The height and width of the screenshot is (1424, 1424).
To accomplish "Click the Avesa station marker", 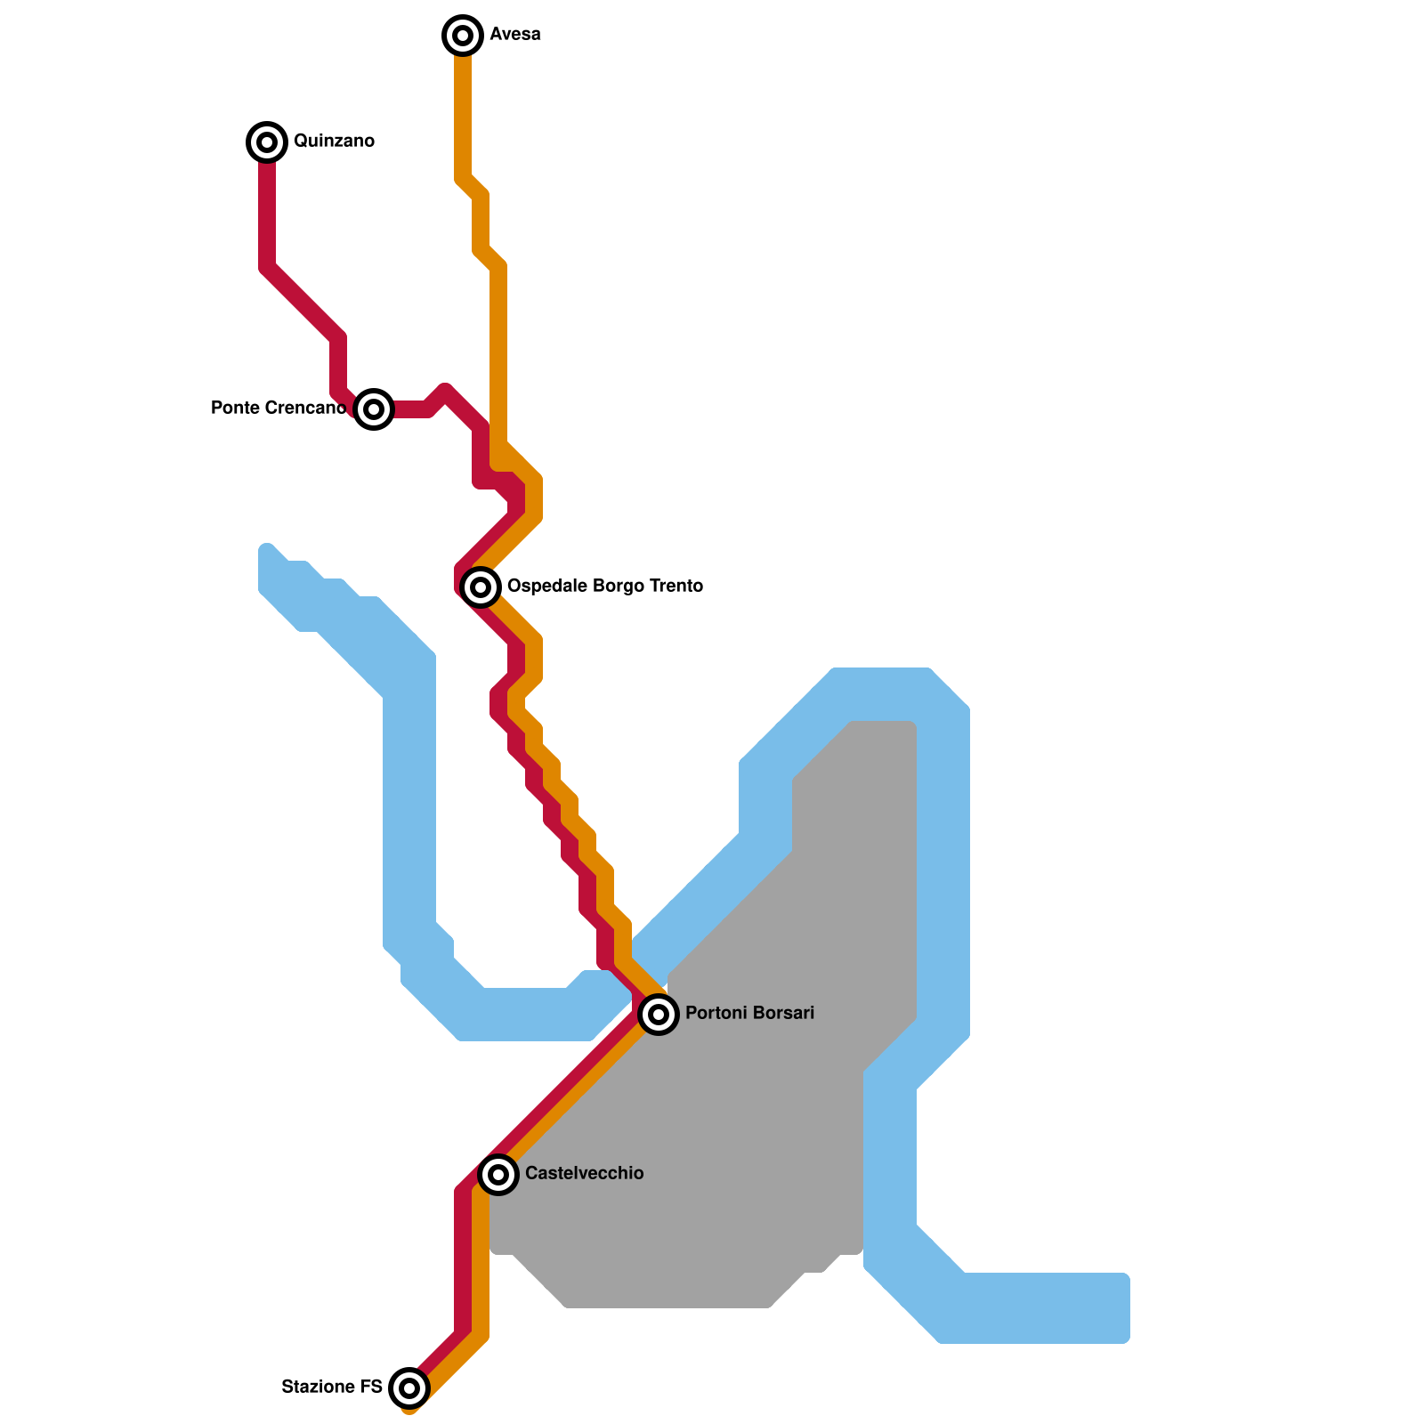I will [x=463, y=36].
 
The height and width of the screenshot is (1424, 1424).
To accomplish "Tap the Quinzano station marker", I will [x=267, y=142].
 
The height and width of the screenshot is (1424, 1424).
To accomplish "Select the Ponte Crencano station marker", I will [x=374, y=409].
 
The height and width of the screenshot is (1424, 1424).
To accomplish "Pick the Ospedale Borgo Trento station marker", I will [x=481, y=587].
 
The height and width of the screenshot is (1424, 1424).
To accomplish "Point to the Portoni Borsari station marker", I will [x=659, y=1014].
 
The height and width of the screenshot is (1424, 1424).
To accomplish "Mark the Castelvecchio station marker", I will [x=498, y=1174].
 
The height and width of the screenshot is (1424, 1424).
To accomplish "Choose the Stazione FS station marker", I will [x=409, y=1387].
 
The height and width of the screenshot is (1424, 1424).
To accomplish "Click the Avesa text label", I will [x=515, y=35].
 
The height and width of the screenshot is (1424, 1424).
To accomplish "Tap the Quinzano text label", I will [x=334, y=142].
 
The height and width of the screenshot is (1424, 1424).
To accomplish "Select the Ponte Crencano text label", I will [x=278, y=409].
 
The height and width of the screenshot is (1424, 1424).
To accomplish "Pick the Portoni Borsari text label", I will [x=749, y=1014].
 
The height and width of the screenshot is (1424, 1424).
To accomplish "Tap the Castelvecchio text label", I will [x=584, y=1174].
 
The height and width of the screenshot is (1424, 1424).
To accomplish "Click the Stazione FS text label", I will [x=331, y=1387].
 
